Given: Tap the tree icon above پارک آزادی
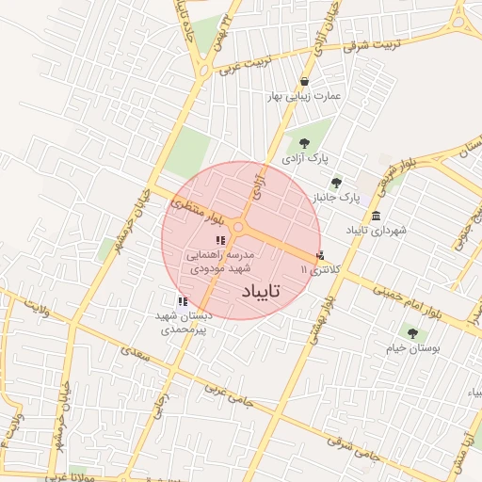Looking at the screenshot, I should click(304, 143).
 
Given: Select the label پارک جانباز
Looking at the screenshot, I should click(337, 198).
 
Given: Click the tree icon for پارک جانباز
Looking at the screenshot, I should click(336, 183).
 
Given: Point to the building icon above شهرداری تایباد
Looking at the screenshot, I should click(376, 216).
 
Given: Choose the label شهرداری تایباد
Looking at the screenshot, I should click(375, 230).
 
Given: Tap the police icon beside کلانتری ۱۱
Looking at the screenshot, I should click(320, 255).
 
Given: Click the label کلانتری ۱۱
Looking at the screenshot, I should click(316, 269).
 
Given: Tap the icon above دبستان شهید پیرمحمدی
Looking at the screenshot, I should click(182, 301).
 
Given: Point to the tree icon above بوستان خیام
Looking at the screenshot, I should click(410, 332).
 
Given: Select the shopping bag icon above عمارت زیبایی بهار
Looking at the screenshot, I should click(304, 82).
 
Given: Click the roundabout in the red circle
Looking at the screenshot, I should click(239, 227).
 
